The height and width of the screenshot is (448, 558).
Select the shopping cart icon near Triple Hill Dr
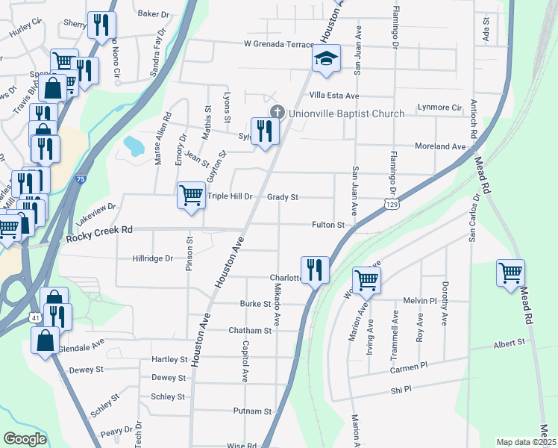pos(191,196)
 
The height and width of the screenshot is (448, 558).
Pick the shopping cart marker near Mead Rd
pos(511,273)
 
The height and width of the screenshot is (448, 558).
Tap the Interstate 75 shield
pos(81,179)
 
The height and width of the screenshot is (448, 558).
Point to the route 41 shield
pos(36,318)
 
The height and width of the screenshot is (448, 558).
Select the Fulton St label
pos(328,225)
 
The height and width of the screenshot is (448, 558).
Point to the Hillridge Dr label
pos(153,258)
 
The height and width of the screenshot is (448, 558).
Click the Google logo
pos(25,439)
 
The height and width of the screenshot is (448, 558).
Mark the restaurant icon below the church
pos(264,131)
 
